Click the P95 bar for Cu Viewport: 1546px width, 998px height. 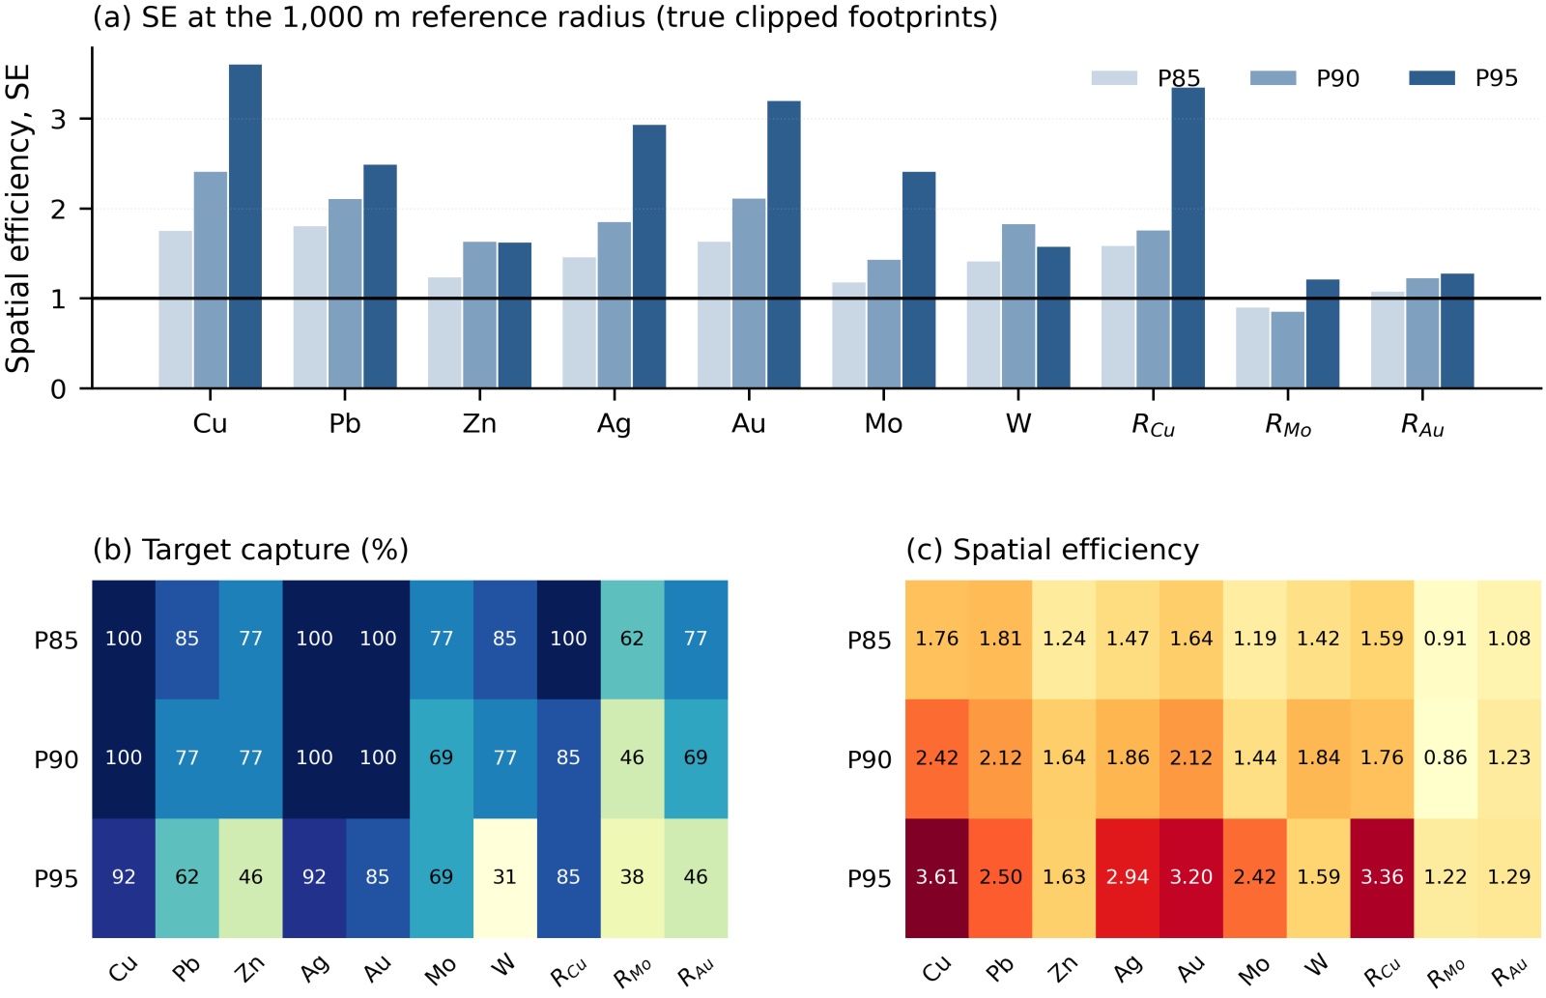tap(245, 226)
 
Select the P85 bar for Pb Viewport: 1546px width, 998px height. tap(310, 306)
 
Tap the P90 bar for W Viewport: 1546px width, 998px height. tap(1018, 305)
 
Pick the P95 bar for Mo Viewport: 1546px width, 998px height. tap(919, 279)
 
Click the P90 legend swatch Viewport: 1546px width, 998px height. tap(1273, 78)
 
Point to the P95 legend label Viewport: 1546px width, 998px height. tap(1497, 78)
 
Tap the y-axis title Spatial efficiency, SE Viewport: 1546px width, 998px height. tap(18, 218)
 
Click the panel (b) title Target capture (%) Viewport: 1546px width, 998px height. tap(250, 550)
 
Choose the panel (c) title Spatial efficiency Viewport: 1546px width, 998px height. tap(1052, 550)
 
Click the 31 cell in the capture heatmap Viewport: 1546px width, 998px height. tap(505, 878)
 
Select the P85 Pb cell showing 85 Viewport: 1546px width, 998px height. tap(187, 640)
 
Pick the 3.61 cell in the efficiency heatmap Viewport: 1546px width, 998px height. tap(937, 878)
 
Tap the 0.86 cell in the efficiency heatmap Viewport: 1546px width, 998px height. tap(1446, 758)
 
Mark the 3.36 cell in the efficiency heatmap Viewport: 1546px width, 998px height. tap(1383, 878)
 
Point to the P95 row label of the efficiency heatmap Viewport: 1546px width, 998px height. tap(870, 878)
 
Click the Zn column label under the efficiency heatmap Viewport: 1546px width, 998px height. tap(1063, 969)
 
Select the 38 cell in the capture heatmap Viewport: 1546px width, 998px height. tap(632, 878)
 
